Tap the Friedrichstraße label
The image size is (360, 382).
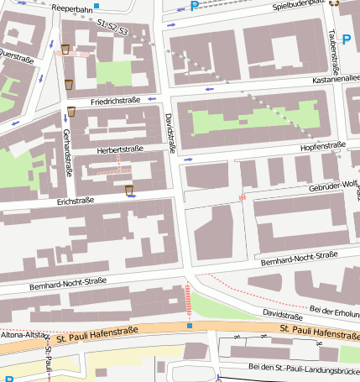click(115, 101)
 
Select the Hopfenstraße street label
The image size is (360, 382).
click(323, 145)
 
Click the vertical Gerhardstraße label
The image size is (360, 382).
click(65, 152)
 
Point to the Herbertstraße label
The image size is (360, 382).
click(121, 149)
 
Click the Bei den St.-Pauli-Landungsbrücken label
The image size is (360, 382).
click(304, 367)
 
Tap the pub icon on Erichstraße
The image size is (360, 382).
click(129, 190)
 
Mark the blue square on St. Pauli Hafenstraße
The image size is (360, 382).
click(190, 325)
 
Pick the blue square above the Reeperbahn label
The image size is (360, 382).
click(97, 5)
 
